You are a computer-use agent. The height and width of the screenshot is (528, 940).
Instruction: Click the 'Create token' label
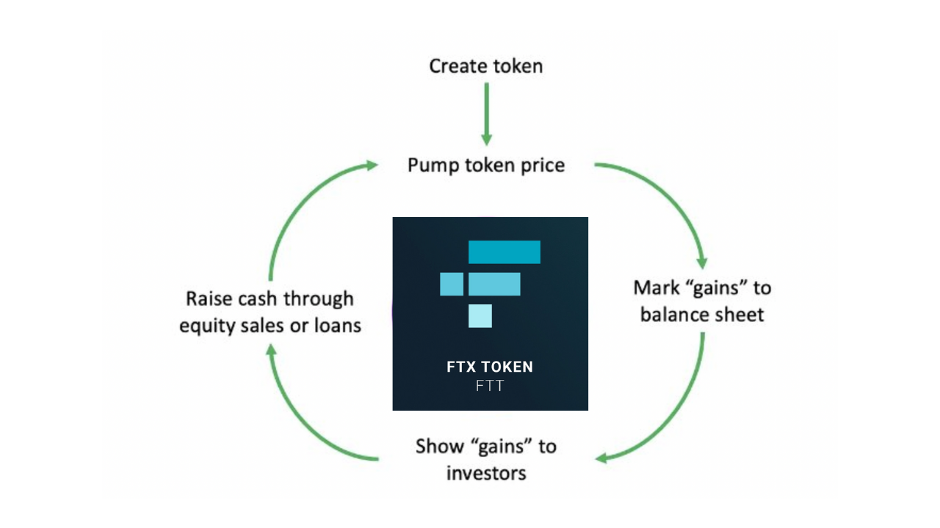486,66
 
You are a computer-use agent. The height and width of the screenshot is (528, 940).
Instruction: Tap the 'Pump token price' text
486,165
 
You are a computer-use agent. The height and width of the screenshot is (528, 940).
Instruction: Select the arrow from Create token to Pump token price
486,114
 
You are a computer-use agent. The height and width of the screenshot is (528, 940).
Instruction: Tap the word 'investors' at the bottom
486,474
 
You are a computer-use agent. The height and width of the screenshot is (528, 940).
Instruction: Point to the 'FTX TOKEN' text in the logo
490,367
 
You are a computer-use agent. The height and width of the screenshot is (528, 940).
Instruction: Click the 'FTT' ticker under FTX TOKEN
490,386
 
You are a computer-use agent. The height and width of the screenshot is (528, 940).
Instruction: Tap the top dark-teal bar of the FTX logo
505,252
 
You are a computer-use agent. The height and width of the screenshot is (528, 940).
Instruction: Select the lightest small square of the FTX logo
480,316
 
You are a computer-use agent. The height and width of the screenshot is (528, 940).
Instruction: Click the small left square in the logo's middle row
452,284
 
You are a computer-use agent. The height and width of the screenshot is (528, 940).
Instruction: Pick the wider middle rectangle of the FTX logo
494,284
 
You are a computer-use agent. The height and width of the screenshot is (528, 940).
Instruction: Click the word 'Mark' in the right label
657,288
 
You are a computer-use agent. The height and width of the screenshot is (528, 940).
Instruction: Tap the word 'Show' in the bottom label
439,447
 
